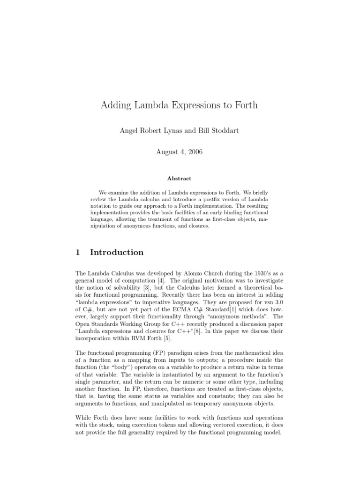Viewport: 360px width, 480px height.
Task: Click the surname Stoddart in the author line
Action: [223, 131]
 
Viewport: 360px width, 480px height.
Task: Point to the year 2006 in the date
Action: [194, 152]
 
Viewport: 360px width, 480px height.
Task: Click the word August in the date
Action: [167, 152]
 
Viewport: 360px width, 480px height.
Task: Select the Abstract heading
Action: [180, 178]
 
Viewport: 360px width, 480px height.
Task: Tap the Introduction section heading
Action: [117, 252]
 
